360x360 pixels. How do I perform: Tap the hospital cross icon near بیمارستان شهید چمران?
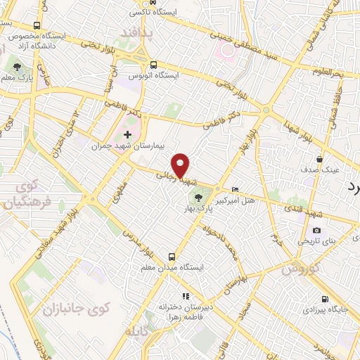tap(127, 134)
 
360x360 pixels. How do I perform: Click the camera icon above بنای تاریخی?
tap(317, 230)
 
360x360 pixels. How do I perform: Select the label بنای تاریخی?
tap(319, 241)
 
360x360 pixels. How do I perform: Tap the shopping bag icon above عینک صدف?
tap(320, 160)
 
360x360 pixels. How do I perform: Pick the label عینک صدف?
tap(320, 170)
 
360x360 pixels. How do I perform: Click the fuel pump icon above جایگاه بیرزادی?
tap(324, 297)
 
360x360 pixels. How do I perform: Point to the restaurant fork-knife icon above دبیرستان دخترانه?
tap(186, 296)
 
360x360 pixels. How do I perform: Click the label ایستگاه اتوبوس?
tap(154, 74)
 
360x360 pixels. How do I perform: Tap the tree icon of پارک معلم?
tap(16, 67)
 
